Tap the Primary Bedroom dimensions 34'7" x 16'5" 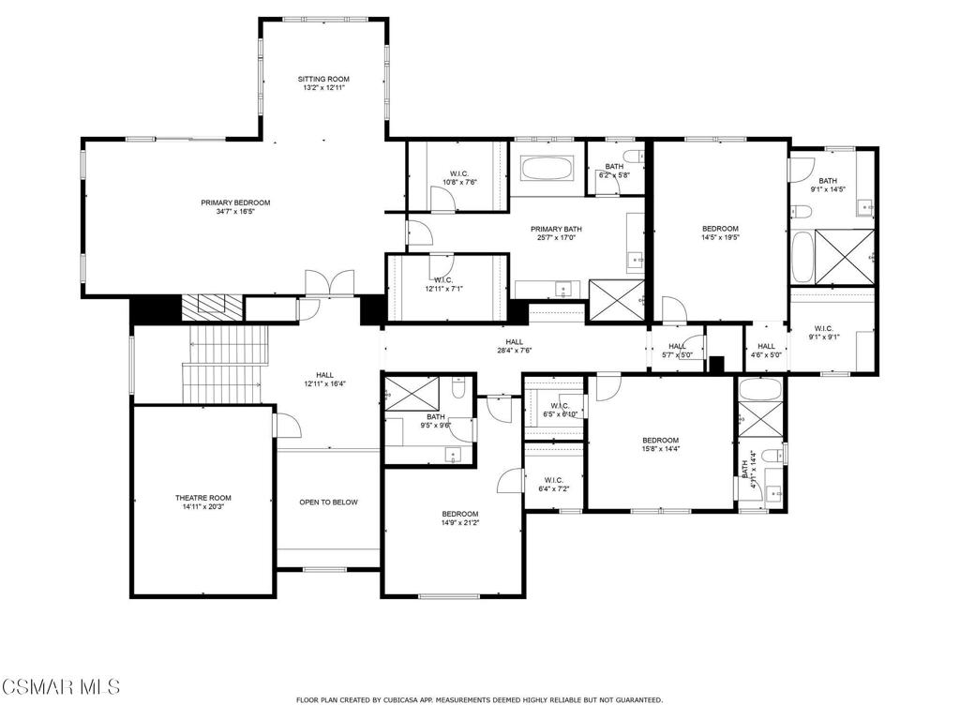tap(235, 212)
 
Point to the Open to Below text tap(328, 502)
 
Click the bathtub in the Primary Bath tap(547, 170)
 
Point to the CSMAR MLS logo tap(60, 687)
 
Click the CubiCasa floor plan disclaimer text tap(479, 699)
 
